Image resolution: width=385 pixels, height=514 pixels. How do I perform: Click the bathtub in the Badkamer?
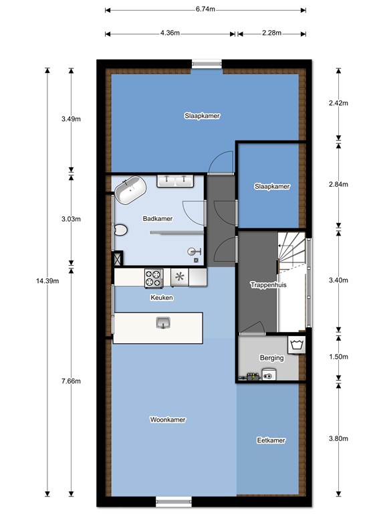point(130,190)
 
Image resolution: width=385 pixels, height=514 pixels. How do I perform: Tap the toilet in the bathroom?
point(121,230)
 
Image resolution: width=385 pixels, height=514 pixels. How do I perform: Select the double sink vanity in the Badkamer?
point(175,181)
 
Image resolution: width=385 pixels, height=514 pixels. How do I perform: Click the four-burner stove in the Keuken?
point(154,278)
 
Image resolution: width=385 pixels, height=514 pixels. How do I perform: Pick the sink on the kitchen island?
point(163,323)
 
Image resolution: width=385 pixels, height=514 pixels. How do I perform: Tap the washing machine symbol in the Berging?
point(297,345)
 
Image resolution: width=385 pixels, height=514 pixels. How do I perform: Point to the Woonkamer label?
point(168,420)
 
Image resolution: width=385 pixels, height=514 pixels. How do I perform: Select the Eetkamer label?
point(271,440)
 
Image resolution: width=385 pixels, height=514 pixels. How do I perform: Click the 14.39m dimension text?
point(47,281)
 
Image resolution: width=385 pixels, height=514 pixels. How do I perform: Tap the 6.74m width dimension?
point(205,9)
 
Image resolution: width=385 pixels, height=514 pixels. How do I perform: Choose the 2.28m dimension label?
point(271,33)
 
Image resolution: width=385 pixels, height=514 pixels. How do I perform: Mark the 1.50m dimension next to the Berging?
point(338,357)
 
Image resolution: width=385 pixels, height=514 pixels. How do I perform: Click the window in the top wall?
point(207,64)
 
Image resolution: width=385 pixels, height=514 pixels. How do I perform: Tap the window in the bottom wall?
point(174,501)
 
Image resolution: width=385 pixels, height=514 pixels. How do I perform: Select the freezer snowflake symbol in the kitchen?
point(179,277)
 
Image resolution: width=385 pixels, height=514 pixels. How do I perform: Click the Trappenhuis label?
point(269,285)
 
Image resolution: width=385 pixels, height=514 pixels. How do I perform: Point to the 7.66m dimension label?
point(71,381)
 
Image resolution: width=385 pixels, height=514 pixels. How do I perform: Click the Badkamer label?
point(158,219)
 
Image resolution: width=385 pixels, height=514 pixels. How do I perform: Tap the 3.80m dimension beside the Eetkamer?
point(338,438)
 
